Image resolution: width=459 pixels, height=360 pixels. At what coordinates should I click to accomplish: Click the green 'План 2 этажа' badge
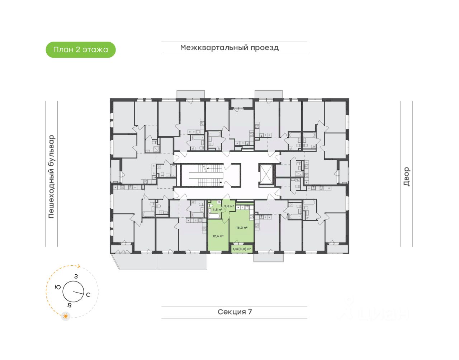click(x=81, y=50)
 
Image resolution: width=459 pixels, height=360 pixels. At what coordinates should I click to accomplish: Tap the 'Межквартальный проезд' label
click(x=229, y=48)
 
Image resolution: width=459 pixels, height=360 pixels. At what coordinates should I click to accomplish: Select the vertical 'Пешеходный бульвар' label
click(x=52, y=177)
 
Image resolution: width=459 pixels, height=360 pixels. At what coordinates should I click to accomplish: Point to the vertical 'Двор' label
click(x=406, y=176)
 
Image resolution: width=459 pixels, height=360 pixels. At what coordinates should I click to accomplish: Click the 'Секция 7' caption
click(x=235, y=312)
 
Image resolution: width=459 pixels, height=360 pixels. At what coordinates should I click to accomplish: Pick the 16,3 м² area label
click(x=242, y=228)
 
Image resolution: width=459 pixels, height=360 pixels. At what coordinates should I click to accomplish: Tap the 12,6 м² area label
click(x=218, y=236)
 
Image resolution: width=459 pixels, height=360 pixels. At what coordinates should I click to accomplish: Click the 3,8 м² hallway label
click(x=229, y=206)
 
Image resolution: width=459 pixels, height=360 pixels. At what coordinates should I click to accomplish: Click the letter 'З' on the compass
click(x=76, y=276)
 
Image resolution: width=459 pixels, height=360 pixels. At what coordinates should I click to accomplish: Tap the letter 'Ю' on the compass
click(x=58, y=287)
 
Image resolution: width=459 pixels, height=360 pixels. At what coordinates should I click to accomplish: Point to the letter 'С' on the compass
click(x=88, y=295)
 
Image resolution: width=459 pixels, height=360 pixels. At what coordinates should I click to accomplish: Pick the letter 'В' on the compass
click(x=70, y=305)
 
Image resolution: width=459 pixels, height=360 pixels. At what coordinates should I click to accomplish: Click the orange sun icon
click(x=66, y=316)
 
